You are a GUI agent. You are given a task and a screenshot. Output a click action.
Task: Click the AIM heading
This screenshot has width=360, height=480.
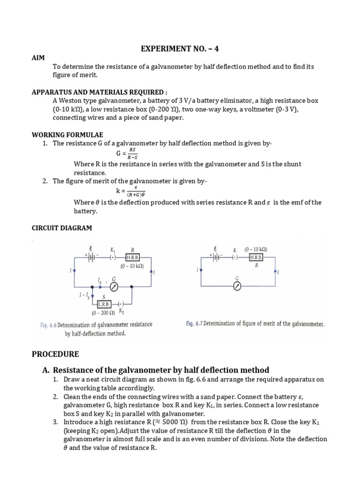(x=38, y=58)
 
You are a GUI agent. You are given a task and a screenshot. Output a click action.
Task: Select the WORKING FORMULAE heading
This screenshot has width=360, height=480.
(x=61, y=135)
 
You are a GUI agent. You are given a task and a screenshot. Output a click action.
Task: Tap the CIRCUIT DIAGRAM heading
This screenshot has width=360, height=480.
(x=62, y=228)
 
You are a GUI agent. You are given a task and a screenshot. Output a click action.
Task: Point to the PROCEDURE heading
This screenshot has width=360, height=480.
(x=55, y=353)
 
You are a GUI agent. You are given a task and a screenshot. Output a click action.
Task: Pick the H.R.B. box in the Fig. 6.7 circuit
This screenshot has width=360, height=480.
(x=256, y=257)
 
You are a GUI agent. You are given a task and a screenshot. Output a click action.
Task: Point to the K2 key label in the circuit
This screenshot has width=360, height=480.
(x=121, y=311)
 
